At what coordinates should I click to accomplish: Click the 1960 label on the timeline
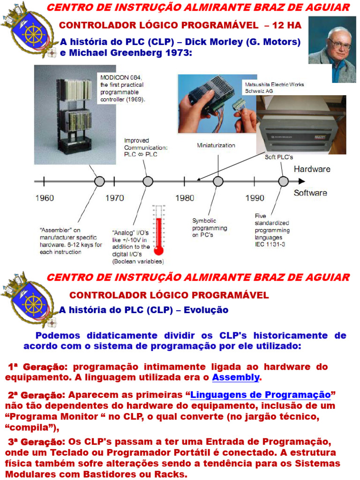45,198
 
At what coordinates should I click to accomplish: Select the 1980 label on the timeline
185,198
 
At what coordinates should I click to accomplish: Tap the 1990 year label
255,198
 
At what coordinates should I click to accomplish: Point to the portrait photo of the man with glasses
332,49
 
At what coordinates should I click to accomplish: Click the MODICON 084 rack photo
75,114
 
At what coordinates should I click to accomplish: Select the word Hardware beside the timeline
312,169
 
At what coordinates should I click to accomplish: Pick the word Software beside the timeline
310,193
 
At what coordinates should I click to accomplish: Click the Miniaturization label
216,145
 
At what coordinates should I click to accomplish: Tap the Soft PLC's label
279,157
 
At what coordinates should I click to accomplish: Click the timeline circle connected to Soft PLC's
283,181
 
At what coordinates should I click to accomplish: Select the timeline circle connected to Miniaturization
218,181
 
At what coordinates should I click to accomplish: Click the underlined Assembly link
236,377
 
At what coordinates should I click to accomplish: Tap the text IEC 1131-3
270,244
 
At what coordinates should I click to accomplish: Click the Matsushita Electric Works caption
274,88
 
